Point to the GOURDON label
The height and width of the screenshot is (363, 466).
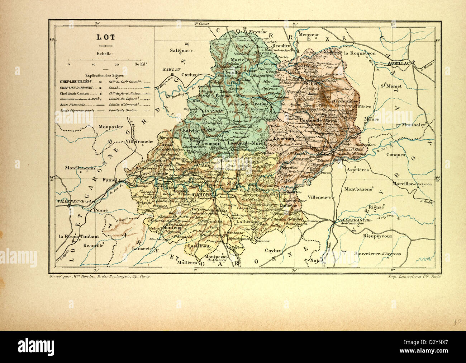(213, 111)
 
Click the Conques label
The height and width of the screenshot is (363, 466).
(396, 155)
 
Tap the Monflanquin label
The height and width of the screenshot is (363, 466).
(80, 168)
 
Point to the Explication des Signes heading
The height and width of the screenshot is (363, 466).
(105, 76)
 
